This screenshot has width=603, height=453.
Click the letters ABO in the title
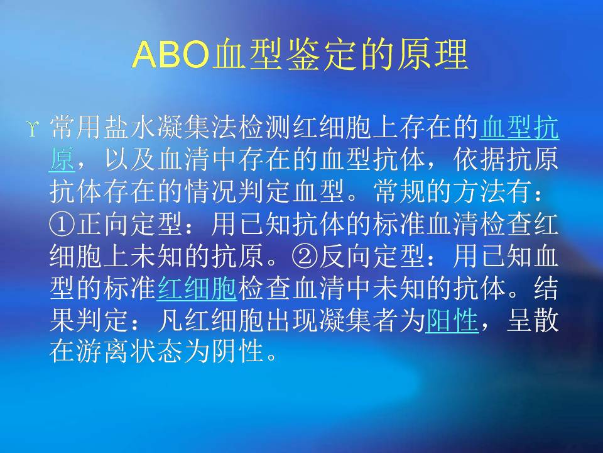(x=171, y=54)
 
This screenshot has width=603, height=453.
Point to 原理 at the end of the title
(x=432, y=54)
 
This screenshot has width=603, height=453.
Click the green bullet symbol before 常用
(x=33, y=128)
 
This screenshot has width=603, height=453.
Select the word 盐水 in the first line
(x=130, y=128)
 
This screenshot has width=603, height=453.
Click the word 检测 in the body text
(x=264, y=128)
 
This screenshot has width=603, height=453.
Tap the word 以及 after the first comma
(x=130, y=159)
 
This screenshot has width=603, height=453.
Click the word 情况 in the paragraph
(x=211, y=191)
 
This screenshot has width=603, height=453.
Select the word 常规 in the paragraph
(x=399, y=191)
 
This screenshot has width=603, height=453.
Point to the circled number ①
(x=62, y=223)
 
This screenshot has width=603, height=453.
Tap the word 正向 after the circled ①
(x=103, y=223)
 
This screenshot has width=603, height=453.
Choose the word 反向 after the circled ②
(x=345, y=255)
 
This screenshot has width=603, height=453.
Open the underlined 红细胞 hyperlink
(x=197, y=288)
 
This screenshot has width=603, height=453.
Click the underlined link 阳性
(x=452, y=320)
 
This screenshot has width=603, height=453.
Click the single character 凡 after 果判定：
(x=170, y=320)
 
